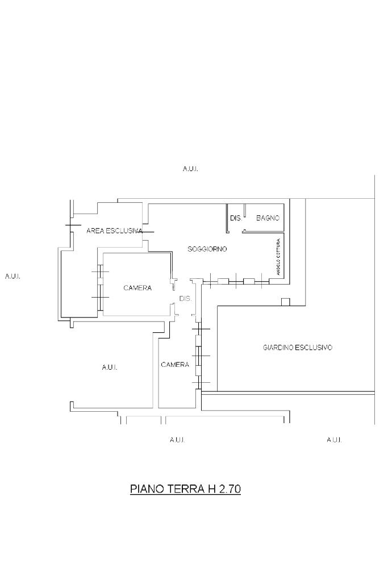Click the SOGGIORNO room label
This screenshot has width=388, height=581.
[x=207, y=249]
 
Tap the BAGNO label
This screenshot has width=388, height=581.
[x=268, y=218]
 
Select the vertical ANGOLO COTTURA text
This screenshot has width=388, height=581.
[x=278, y=257]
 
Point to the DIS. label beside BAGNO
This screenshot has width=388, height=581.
[x=236, y=218]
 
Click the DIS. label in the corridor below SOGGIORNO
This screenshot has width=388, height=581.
[x=185, y=298]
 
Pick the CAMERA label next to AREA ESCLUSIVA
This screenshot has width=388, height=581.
[x=137, y=288]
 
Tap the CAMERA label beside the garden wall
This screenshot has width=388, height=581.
[x=175, y=365]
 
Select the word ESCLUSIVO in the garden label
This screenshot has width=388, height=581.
[x=314, y=348]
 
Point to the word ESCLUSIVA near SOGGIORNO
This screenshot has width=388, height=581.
[x=124, y=231]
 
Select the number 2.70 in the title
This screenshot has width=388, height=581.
[x=230, y=489]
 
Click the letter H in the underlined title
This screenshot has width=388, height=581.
[x=211, y=489]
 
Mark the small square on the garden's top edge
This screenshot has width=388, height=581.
[x=285, y=302]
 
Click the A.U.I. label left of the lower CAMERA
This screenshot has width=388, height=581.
[x=110, y=367]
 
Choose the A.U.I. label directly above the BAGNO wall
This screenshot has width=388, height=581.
[x=190, y=169]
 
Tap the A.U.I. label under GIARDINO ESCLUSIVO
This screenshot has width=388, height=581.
[x=334, y=440]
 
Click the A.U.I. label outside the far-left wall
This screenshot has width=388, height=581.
[x=12, y=277]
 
